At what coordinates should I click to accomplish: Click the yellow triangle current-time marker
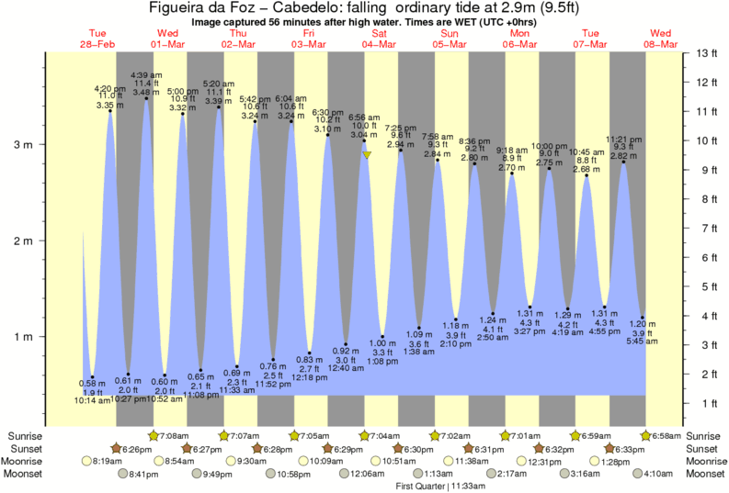[366, 155]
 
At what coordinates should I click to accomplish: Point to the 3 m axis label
[26, 145]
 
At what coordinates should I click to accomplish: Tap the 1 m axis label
[26, 336]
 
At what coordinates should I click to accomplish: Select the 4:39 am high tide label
[146, 74]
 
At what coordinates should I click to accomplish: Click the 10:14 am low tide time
[87, 400]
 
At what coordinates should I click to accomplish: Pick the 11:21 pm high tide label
[624, 139]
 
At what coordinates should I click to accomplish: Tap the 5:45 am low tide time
[643, 342]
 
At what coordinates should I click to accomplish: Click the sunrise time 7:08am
[175, 435]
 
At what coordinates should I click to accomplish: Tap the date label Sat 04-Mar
[379, 39]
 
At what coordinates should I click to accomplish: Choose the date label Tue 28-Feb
[97, 39]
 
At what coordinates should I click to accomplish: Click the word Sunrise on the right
[706, 435]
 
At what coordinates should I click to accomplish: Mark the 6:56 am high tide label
[364, 118]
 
